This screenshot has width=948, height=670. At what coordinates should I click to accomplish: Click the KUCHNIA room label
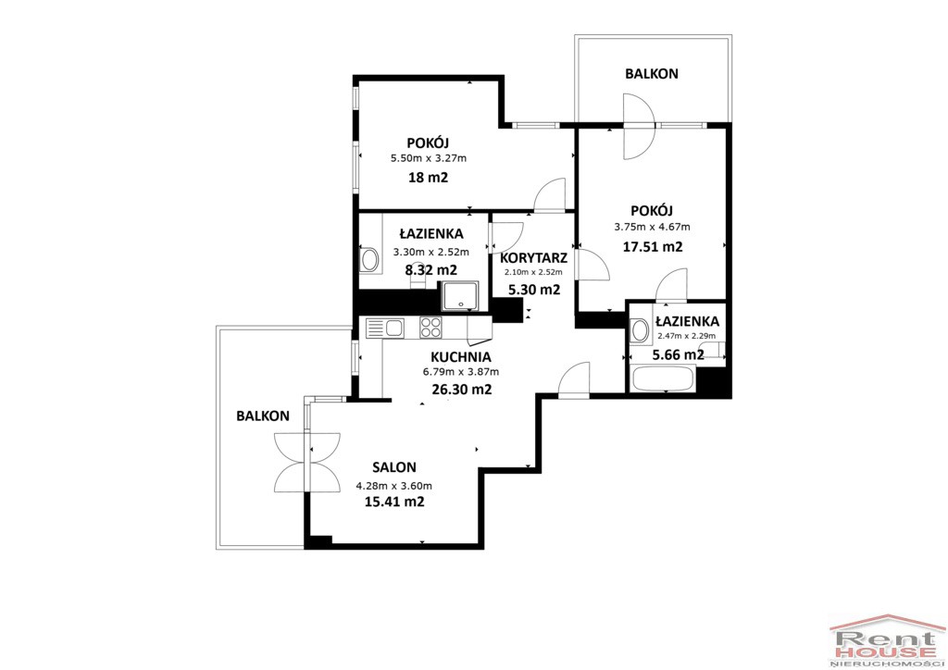pyautogui.click(x=461, y=357)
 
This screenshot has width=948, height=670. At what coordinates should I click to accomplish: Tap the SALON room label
pyautogui.click(x=394, y=467)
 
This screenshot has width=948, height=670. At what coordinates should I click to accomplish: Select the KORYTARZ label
pyautogui.click(x=534, y=258)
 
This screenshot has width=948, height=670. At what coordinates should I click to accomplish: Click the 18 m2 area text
pyautogui.click(x=429, y=178)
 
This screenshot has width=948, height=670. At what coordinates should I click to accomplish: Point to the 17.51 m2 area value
pyautogui.click(x=653, y=246)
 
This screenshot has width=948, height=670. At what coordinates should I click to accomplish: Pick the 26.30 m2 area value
pyautogui.click(x=462, y=390)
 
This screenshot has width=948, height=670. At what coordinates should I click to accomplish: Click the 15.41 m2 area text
pyautogui.click(x=394, y=502)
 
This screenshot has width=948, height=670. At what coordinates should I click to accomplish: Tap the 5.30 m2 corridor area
pyautogui.click(x=534, y=290)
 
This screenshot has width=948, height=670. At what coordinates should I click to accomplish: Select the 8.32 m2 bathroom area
pyautogui.click(x=431, y=269)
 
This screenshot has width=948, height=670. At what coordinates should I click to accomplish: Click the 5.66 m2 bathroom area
pyautogui.click(x=679, y=354)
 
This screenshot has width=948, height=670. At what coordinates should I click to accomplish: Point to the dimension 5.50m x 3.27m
pyautogui.click(x=429, y=158)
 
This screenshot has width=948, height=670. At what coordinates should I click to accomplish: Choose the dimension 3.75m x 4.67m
pyautogui.click(x=653, y=227)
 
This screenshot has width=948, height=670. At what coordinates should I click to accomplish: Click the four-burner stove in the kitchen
pyautogui.click(x=431, y=328)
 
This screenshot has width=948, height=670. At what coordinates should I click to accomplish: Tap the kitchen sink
pyautogui.click(x=385, y=328)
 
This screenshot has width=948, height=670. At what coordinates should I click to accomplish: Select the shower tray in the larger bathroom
pyautogui.click(x=460, y=295)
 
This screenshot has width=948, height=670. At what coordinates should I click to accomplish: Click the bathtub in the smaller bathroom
pyautogui.click(x=662, y=378)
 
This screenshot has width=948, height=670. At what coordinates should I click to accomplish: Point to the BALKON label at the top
pyautogui.click(x=652, y=74)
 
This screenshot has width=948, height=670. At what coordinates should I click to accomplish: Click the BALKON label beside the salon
pyautogui.click(x=263, y=416)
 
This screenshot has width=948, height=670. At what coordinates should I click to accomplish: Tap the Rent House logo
pyautogui.click(x=886, y=641)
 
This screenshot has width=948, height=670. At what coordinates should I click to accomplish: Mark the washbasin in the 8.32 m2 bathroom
pyautogui.click(x=368, y=260)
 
